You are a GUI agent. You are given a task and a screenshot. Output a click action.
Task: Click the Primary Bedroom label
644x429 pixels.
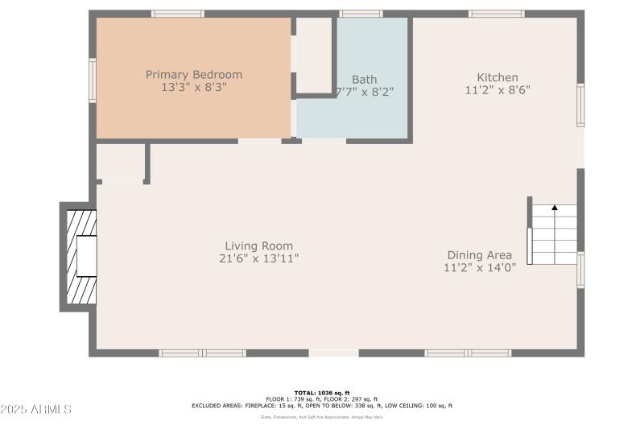coord(193,75)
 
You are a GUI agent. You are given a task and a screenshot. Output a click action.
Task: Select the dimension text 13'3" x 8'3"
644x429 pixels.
coord(193,87)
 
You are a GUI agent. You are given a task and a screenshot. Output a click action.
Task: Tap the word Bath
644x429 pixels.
coord(364,80)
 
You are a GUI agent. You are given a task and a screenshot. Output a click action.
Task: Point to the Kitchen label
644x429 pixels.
coord(497,78)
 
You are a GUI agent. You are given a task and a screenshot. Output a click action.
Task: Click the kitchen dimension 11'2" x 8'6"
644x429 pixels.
coord(497,90)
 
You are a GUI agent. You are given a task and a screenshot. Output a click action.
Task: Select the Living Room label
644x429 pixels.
coord(258,246)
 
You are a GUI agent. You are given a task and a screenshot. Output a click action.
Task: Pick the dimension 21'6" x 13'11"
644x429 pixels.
coord(258,258)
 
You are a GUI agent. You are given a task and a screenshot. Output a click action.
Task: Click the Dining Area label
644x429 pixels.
coord(480,255)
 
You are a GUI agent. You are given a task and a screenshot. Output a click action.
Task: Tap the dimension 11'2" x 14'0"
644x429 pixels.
coord(480,267)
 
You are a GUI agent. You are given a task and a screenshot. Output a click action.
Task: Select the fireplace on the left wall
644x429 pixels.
coord(80,257)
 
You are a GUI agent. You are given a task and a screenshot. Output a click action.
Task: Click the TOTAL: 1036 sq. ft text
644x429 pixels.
coord(321,393)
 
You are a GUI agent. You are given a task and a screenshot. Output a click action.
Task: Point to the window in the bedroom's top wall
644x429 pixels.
coord(178,14)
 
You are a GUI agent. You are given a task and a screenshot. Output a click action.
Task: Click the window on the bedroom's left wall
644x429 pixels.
coord(93,80)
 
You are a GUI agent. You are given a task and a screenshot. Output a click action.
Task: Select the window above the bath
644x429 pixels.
coord(361,14)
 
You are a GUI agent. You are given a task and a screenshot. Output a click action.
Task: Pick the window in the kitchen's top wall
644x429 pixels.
coord(497,14)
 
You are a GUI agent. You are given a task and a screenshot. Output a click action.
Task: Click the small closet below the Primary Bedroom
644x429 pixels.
coord(120,163)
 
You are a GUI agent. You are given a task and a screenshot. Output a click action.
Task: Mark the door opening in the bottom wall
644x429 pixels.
coord(333,353)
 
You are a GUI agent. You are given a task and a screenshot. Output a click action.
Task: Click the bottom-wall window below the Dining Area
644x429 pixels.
coord(468,353)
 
